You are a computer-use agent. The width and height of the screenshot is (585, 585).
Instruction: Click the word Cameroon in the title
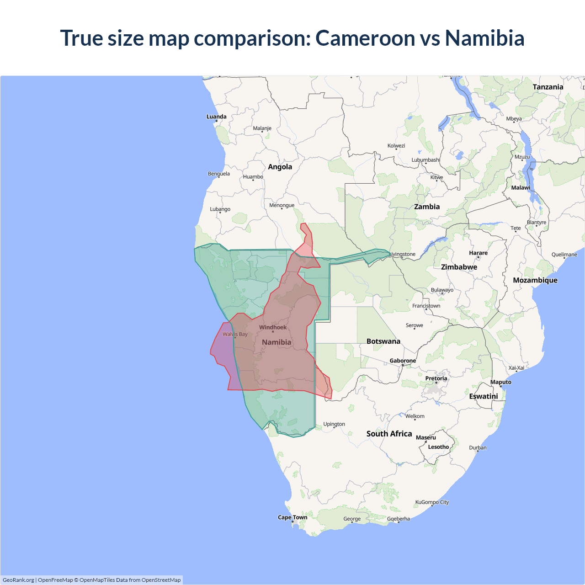[x=365, y=38]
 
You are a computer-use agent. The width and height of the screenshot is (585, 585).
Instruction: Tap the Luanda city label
[x=216, y=117]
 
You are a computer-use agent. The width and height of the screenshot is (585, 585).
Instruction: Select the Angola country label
[x=280, y=167]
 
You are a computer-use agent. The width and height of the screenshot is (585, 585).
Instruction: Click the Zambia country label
[x=427, y=207]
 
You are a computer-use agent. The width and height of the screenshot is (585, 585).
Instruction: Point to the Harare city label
[x=478, y=253]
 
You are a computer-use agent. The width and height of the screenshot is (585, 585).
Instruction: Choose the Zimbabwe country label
[x=459, y=267]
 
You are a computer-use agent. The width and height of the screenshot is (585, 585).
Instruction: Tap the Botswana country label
[x=383, y=341]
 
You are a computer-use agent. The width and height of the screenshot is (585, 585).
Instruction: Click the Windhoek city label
[x=273, y=327]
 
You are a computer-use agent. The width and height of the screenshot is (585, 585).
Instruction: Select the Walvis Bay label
[x=235, y=334]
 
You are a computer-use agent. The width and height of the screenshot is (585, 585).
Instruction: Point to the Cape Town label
[x=292, y=517]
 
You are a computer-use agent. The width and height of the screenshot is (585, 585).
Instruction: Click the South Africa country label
[x=389, y=434]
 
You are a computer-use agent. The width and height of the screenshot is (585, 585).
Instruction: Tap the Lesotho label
[x=438, y=447]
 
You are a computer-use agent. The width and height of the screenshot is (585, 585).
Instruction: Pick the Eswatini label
[x=483, y=396]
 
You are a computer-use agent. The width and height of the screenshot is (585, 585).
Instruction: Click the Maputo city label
[x=500, y=382]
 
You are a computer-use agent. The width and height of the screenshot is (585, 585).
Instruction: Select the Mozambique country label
[x=535, y=280]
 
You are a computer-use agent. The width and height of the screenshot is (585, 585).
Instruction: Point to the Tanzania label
[x=548, y=87]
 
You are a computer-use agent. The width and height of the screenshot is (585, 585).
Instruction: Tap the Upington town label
[x=334, y=424]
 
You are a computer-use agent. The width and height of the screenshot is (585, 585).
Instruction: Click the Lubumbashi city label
[x=425, y=160]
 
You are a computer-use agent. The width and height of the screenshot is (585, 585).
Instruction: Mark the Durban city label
[x=478, y=448]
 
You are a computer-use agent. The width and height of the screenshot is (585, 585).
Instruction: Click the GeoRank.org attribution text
[x=18, y=580]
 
